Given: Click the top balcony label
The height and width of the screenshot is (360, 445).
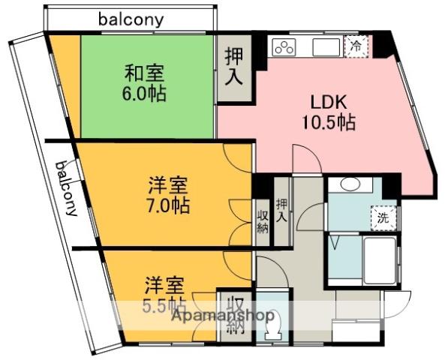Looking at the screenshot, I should point(131,20).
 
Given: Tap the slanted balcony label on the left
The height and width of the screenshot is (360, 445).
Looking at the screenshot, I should point(66,188).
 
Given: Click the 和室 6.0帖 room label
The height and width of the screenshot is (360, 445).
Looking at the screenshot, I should point(145,84).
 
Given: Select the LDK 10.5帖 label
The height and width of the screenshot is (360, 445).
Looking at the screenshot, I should point(328,112).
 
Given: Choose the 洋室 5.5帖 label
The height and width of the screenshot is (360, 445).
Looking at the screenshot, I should point(164,294).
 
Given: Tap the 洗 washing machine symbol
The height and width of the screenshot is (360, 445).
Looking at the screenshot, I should point(383,219).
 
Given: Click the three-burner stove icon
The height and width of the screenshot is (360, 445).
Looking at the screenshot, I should point(285,48).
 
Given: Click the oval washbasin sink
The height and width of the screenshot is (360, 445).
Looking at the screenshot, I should point(350,185).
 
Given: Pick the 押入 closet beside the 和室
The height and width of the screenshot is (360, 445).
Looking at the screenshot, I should point(233,67).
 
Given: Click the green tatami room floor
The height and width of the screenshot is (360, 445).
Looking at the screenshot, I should point(120,112).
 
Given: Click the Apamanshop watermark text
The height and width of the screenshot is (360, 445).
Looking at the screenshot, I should point(223,316).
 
